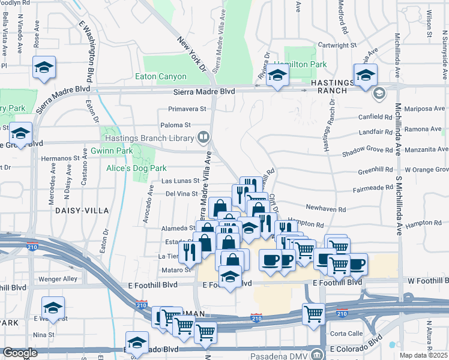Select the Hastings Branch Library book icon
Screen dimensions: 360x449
pos(203,138)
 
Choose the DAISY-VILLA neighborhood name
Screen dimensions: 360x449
pos(82,211)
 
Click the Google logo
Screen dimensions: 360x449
pos(20,353)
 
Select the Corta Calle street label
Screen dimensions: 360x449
pos(346,334)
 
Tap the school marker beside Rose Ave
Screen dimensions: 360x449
pos(44,68)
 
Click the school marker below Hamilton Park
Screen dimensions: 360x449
pos(277,76)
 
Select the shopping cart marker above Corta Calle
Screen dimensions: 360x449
pos(313,313)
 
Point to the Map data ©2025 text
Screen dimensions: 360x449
pos(423,355)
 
